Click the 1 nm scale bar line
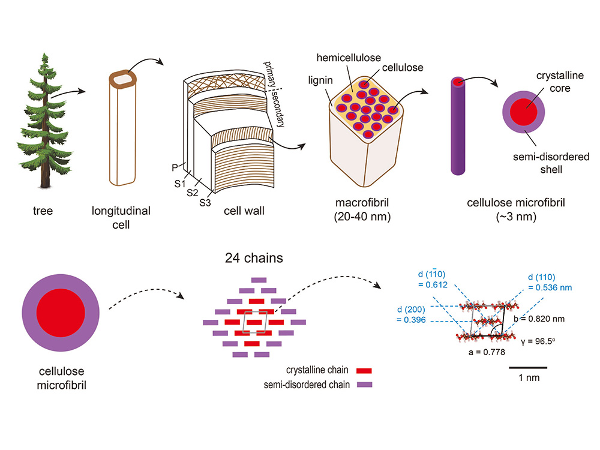pyautogui.click(x=528, y=367)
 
